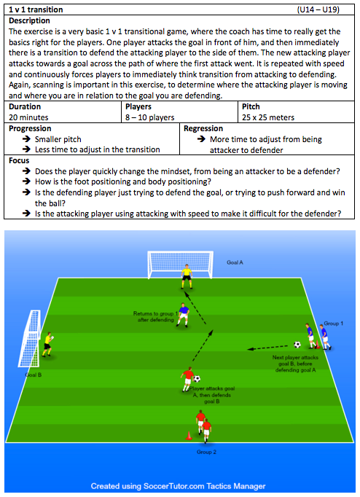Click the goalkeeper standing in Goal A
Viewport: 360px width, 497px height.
click(x=187, y=276)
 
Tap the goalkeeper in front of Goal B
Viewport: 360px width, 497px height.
click(x=48, y=344)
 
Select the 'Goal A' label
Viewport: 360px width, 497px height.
click(x=235, y=262)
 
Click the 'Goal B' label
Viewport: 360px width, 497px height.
click(x=34, y=375)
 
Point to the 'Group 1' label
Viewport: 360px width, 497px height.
click(x=333, y=324)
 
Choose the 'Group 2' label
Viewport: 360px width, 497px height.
click(x=206, y=452)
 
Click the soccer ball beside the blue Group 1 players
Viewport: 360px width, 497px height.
click(x=297, y=344)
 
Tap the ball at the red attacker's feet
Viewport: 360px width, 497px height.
click(x=197, y=378)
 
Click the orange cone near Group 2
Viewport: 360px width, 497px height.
click(x=189, y=436)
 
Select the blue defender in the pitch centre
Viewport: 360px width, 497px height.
click(x=183, y=315)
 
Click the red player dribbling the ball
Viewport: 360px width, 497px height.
click(x=187, y=380)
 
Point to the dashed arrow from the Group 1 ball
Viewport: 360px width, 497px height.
click(x=267, y=348)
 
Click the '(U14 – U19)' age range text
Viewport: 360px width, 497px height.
click(x=318, y=9)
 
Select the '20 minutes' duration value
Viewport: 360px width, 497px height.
click(x=28, y=117)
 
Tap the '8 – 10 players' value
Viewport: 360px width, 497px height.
click(x=149, y=117)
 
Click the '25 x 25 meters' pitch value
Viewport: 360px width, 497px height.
click(x=268, y=117)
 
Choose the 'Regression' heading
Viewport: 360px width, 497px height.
click(x=203, y=128)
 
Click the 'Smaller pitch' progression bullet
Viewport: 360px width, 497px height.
click(x=58, y=139)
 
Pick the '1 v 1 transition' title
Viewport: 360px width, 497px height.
click(x=36, y=9)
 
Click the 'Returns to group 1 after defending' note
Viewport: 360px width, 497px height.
click(x=156, y=317)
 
